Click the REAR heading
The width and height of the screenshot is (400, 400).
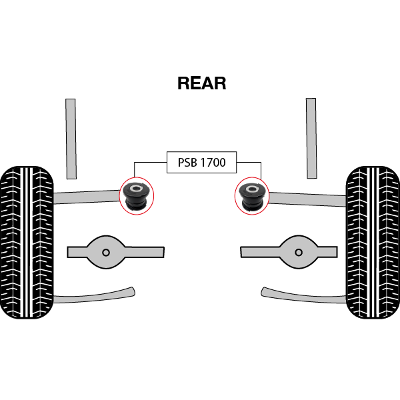click(201, 83)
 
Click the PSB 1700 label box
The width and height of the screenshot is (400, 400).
click(201, 162)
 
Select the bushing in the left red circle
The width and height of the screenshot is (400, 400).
click(137, 194)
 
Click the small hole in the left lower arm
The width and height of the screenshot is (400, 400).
click(106, 252)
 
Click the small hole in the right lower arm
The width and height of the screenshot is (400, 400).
click(298, 252)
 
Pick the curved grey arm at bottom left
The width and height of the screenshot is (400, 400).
click(93, 295)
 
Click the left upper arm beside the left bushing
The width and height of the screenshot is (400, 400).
click(87, 196)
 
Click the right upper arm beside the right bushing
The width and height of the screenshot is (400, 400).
click(307, 198)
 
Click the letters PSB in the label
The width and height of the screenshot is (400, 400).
click(187, 162)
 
